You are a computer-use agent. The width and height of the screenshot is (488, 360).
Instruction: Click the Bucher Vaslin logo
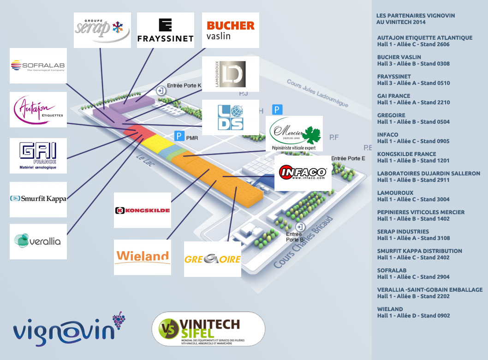pyautogui.click(x=231, y=30)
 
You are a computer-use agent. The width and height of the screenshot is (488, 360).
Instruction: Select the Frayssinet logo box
pyautogui.click(x=166, y=30)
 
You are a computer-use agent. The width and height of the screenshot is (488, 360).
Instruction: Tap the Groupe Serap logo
pyautogui.click(x=102, y=30)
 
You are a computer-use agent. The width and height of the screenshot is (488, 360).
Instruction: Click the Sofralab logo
pyautogui.click(x=38, y=66)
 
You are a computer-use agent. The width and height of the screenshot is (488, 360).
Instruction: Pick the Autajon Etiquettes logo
pyautogui.click(x=38, y=109)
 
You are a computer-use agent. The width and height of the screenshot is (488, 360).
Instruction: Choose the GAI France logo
pyautogui.click(x=38, y=156)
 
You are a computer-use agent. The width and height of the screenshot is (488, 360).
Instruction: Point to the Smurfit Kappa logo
pyautogui.click(x=38, y=199)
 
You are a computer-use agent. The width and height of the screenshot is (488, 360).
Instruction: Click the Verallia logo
pyautogui.click(x=38, y=241)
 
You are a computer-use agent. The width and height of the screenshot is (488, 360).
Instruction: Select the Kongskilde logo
pyautogui.click(x=143, y=210)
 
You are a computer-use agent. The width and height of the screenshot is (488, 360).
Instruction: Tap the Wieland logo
pyautogui.click(x=143, y=257)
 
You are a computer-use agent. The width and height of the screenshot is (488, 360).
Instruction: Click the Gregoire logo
pyautogui.click(x=213, y=259)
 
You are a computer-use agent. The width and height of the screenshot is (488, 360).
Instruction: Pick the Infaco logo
pyautogui.click(x=303, y=173)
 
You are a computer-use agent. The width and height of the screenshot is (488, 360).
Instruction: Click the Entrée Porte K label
pyautogui.click(x=184, y=85)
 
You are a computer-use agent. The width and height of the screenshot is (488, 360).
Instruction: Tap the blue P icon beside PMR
pyautogui.click(x=179, y=136)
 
